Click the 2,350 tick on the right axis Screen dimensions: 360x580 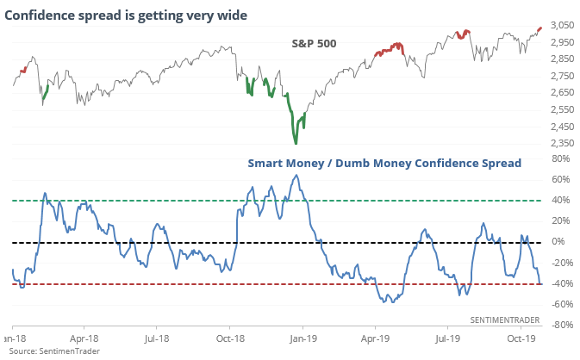click(558, 143)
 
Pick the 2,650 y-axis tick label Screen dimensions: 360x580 click(558, 93)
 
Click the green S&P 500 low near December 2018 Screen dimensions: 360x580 click(296, 143)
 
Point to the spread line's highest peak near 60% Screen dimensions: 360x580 click(296, 176)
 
